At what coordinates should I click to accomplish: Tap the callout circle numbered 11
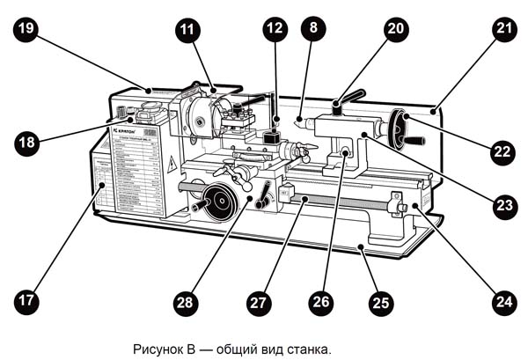click(186, 29)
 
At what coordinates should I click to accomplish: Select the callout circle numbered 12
click(275, 29)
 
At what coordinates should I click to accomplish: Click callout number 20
click(396, 28)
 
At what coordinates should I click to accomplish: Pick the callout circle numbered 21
click(502, 28)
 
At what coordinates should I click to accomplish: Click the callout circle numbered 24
click(502, 301)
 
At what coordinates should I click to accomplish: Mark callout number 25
click(379, 301)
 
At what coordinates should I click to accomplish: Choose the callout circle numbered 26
click(320, 301)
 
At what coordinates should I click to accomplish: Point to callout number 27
click(257, 301)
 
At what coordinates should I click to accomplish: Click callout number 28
click(184, 301)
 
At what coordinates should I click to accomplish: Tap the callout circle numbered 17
click(27, 301)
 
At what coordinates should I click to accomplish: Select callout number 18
click(27, 143)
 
